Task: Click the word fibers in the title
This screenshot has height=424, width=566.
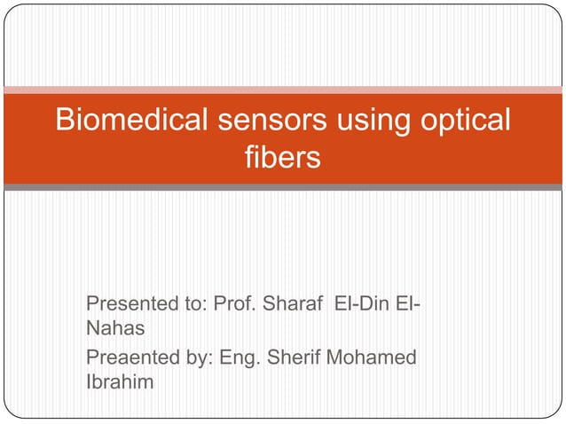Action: (281, 160)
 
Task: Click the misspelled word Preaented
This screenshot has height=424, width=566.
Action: (124, 359)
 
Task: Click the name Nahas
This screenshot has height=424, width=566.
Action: (114, 329)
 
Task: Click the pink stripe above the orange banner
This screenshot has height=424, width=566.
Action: (282, 90)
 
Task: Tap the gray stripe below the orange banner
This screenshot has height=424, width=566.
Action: (282, 187)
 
